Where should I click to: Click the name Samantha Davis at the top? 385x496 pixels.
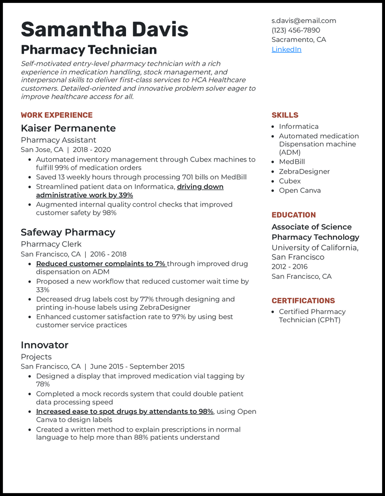pyautogui.click(x=104, y=29)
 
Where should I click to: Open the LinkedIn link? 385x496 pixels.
pyautogui.click(x=286, y=50)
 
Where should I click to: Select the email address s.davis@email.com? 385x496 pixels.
pyautogui.click(x=304, y=21)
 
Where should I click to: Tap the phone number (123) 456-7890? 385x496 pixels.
pyautogui.click(x=295, y=30)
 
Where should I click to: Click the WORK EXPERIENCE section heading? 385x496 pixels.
pyautogui.click(x=56, y=115)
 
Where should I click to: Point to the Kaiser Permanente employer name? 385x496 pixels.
pyautogui.click(x=68, y=128)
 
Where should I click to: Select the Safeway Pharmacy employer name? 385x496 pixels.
pyautogui.click(x=68, y=233)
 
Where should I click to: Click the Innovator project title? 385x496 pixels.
pyautogui.click(x=44, y=345)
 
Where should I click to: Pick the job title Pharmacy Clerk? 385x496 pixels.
pyautogui.click(x=51, y=244)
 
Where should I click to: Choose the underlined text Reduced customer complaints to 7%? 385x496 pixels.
pyautogui.click(x=101, y=264)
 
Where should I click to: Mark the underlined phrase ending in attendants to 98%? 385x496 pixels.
pyautogui.click(x=124, y=411)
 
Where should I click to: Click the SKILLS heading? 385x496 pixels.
pyautogui.click(x=285, y=115)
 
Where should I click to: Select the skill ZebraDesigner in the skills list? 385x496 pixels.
pyautogui.click(x=304, y=172)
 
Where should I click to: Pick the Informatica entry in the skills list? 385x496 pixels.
pyautogui.click(x=298, y=126)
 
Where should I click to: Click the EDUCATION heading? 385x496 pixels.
pyautogui.click(x=294, y=215)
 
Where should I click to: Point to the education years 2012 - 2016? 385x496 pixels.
pyautogui.click(x=289, y=267)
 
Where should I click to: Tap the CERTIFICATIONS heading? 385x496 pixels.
pyautogui.click(x=303, y=301)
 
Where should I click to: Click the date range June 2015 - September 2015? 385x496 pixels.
pyautogui.click(x=137, y=366)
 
